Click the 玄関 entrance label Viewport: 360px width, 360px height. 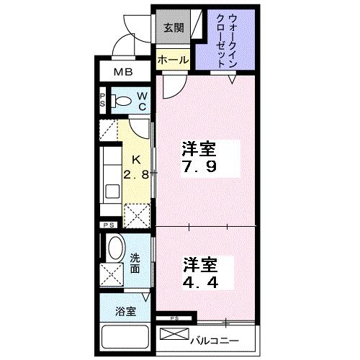coord(174,28)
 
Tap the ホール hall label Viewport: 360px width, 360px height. coord(174,60)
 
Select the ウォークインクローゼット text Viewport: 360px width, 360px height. coord(227,41)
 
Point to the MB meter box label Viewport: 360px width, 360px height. coord(123,72)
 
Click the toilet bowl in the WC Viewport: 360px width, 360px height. coord(122,101)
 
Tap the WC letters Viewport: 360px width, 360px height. coord(143,101)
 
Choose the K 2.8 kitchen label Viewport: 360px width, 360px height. coord(136,167)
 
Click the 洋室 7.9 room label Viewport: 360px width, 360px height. coord(199,157)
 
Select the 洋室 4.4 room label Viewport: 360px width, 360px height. coord(201,273)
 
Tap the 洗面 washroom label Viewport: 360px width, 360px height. coord(135,264)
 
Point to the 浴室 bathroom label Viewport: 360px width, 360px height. coord(125,311)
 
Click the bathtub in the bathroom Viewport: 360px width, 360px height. coord(125,337)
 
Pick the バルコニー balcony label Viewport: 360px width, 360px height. coord(215,341)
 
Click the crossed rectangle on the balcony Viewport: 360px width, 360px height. coord(174,334)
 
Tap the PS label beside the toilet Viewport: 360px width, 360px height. coord(103,100)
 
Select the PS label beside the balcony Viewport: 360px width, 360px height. coord(175,318)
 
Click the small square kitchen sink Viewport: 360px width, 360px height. coord(112,191)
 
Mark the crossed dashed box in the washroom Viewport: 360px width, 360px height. coord(112,274)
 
